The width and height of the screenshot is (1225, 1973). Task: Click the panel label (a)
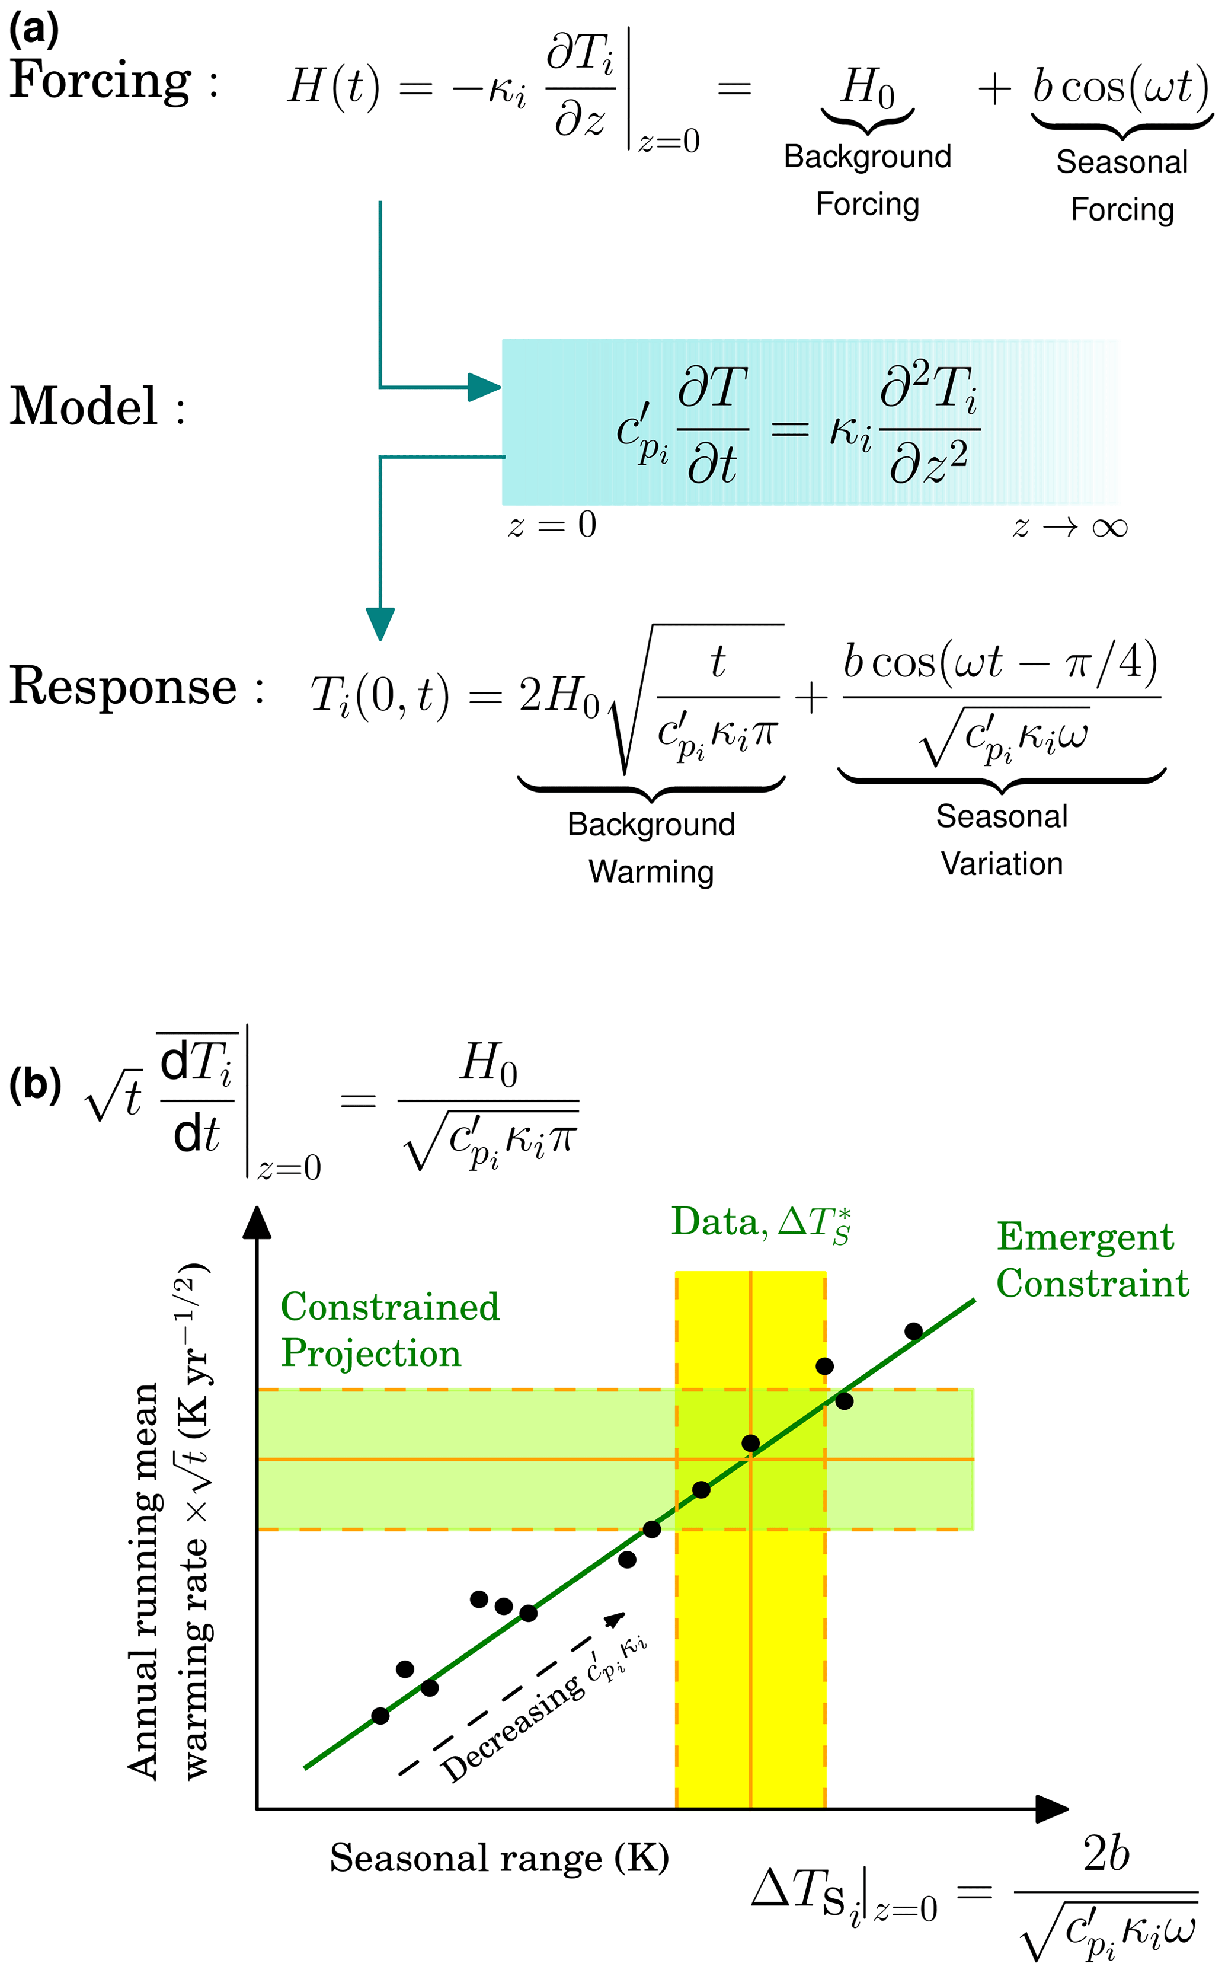click(x=33, y=30)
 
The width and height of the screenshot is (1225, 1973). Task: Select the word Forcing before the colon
click(x=101, y=81)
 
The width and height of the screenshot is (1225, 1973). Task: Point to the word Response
click(x=123, y=687)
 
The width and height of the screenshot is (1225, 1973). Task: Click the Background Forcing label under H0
click(x=867, y=180)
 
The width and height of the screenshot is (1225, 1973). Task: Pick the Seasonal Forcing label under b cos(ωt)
click(x=1122, y=186)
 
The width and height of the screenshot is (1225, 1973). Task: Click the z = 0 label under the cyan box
click(x=552, y=525)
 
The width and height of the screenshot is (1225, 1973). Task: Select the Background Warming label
click(x=651, y=848)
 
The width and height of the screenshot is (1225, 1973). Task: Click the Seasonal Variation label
click(x=1002, y=839)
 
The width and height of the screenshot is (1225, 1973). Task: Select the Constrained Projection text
click(x=390, y=1330)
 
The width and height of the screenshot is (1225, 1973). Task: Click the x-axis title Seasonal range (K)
click(x=499, y=1857)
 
